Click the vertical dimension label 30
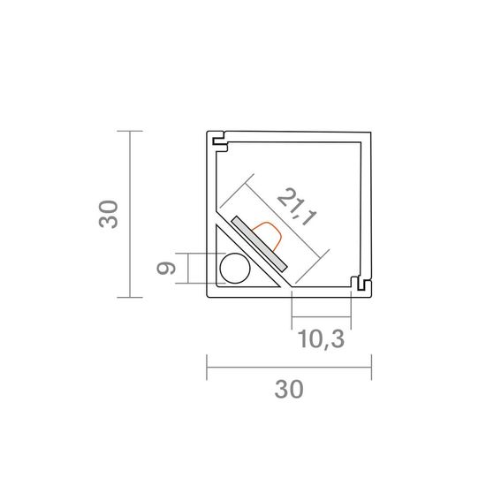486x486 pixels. click(x=109, y=215)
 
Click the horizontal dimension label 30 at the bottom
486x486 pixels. click(x=289, y=390)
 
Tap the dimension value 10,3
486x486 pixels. click(x=321, y=339)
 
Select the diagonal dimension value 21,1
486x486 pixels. click(x=297, y=207)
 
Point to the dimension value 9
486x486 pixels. click(x=166, y=269)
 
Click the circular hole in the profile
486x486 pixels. click(x=235, y=269)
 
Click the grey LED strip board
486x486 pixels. click(x=259, y=244)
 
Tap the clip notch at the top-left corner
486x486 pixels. click(x=219, y=141)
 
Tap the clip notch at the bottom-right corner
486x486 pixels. click(x=361, y=284)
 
